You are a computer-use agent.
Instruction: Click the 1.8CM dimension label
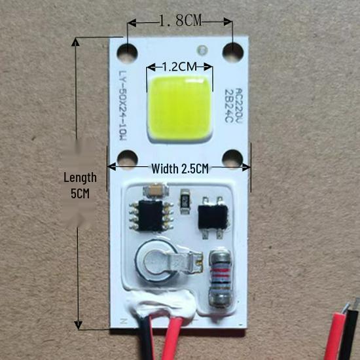[180, 21]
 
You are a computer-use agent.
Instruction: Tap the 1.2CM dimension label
[179, 67]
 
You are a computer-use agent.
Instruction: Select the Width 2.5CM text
[180, 169]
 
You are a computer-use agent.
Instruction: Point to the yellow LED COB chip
[180, 109]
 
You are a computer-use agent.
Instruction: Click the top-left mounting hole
[127, 52]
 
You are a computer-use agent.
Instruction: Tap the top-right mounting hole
[232, 52]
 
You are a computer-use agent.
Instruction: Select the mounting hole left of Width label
[127, 160]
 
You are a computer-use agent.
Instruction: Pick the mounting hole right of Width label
[232, 159]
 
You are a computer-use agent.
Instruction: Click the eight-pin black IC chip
[151, 216]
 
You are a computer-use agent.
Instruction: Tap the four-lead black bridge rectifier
[213, 217]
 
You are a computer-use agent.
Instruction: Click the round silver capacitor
[157, 262]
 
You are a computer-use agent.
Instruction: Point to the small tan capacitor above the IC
[156, 190]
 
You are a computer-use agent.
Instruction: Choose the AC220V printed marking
[240, 104]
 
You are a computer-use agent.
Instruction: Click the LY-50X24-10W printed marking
[122, 105]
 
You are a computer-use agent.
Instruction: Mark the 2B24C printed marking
[228, 105]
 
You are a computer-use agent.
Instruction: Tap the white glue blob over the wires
[161, 304]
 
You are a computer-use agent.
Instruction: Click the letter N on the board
[124, 321]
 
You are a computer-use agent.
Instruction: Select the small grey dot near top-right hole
[202, 50]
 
